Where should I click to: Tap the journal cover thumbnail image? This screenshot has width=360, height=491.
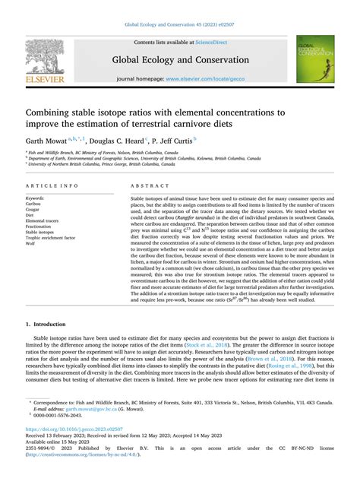pos(314,59)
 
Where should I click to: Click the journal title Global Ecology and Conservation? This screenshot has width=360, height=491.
pos(180,60)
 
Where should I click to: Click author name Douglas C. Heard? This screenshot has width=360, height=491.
pos(121,140)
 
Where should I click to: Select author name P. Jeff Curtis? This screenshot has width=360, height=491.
pos(174,140)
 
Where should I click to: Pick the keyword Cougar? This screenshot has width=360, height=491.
pos(33,204)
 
